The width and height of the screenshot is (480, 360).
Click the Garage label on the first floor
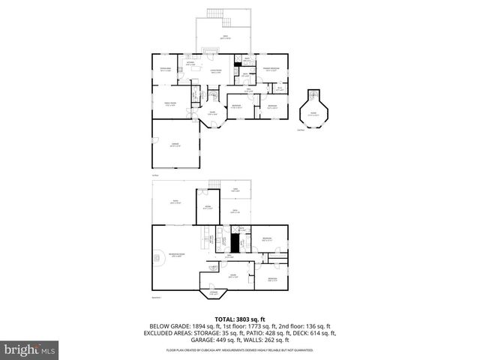174,145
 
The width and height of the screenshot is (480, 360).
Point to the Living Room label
215,71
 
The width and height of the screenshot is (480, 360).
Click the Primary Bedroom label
271,70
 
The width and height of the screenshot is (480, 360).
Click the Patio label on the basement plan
175,202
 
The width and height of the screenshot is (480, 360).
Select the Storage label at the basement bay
213,293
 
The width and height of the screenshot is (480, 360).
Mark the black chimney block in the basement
235,244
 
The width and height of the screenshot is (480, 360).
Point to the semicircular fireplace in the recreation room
157,258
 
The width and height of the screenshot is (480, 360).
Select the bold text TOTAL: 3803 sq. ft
239,318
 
